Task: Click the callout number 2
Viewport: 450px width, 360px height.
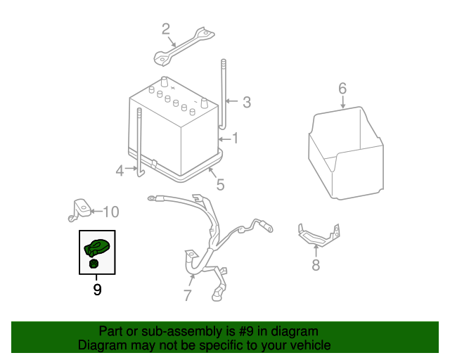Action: tap(166, 30)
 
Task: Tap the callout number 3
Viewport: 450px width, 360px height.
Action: tap(247, 102)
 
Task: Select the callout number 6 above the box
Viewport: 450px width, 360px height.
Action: tap(342, 89)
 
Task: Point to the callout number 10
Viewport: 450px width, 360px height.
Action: tap(111, 212)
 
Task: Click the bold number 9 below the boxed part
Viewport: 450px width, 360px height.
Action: tap(97, 290)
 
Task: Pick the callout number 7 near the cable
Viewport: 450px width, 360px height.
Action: tap(187, 295)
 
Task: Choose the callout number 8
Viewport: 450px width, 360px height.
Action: tap(316, 264)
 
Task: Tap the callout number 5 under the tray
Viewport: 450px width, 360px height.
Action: tap(220, 185)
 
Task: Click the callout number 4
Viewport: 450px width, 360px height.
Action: tap(120, 171)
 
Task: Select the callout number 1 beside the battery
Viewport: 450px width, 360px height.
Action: tap(235, 138)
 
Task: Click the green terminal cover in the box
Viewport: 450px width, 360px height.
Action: tap(97, 247)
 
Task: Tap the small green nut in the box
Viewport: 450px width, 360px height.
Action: tap(94, 264)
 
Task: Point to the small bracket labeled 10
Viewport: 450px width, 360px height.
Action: tap(79, 210)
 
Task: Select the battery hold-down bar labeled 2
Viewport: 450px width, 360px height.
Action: tap(184, 46)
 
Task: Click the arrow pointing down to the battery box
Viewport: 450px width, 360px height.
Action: tap(343, 102)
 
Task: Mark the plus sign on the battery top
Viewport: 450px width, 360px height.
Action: tap(173, 88)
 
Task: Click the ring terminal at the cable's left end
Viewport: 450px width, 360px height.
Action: tap(152, 198)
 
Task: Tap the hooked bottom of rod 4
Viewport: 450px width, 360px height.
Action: tap(141, 173)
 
